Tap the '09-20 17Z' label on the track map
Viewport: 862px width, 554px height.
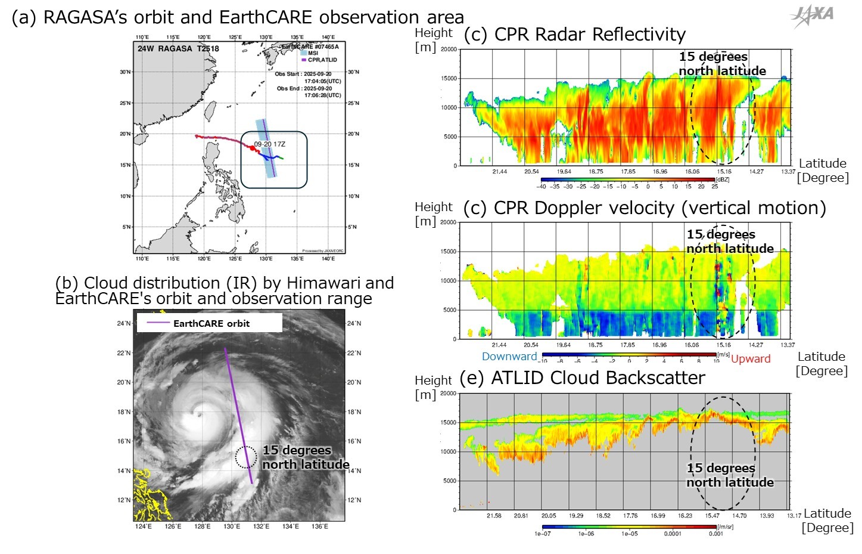point(270,144)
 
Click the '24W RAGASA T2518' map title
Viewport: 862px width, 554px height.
point(178,48)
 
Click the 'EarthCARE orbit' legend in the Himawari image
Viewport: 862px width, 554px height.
point(209,323)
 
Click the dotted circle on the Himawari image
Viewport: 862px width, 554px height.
point(246,457)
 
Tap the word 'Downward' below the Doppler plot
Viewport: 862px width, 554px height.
point(509,357)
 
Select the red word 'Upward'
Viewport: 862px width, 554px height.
point(751,358)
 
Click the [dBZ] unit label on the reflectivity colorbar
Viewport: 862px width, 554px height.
point(722,179)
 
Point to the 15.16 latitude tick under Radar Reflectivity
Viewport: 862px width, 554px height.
point(724,172)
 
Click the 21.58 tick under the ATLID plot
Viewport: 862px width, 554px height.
point(494,516)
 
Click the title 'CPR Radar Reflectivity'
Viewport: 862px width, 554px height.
point(575,35)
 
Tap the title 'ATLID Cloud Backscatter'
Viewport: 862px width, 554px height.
point(583,378)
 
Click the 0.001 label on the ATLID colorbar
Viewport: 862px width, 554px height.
point(715,534)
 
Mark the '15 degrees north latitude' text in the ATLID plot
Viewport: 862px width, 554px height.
point(730,475)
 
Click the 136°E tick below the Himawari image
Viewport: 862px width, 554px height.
point(320,527)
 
